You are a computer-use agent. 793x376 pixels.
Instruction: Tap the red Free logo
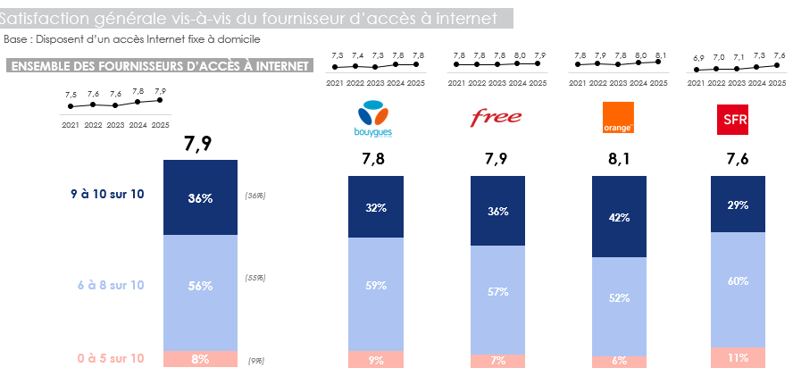pos(496,118)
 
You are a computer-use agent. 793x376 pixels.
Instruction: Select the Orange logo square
pos(618,118)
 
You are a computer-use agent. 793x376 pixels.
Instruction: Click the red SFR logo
pos(735,118)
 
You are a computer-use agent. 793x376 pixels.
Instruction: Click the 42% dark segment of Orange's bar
pos(619,217)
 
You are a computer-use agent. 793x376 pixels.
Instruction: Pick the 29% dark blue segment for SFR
pos(737,205)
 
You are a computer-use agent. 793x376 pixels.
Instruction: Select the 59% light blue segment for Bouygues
pos(375,286)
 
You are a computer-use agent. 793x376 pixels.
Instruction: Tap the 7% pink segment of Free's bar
pos(497,360)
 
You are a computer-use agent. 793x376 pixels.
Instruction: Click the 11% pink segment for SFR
pos(737,357)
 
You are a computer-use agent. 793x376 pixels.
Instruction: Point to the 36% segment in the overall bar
pos(200,198)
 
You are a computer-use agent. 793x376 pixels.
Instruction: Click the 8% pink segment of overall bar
pos(200,359)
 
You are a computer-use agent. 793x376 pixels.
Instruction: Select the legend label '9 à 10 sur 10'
pos(107,193)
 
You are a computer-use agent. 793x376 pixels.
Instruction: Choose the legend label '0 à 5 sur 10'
pos(110,358)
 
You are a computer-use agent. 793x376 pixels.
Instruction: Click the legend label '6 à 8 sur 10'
pos(110,285)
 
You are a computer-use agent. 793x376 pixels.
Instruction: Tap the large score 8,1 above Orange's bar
pos(619,161)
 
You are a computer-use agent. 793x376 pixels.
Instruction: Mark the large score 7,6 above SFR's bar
pos(737,161)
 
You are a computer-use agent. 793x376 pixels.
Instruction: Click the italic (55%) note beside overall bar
pos(255,278)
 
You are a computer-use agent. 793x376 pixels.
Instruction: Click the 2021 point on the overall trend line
pos(71,106)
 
